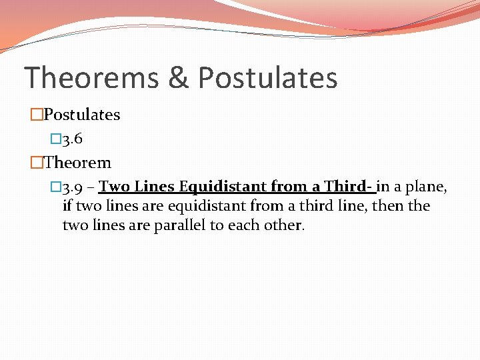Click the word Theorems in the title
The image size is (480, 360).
tap(91, 77)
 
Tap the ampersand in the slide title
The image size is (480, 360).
tap(178, 77)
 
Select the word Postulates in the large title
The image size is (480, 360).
tap(268, 77)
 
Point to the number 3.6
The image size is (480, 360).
tap(71, 139)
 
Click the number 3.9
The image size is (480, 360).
tap(71, 187)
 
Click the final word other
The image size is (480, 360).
tap(285, 225)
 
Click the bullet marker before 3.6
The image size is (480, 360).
tap(55, 139)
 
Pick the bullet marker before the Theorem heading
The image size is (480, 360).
tap(37, 163)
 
